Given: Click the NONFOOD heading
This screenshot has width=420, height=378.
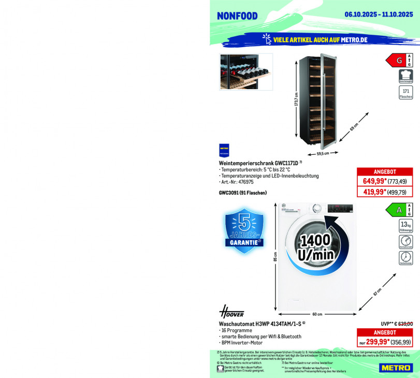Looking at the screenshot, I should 237,16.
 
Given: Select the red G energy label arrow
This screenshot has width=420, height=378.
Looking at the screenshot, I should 396,61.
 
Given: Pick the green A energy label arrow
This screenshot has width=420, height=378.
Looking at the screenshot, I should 396,210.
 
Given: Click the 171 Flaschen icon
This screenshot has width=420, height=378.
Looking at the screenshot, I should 406,93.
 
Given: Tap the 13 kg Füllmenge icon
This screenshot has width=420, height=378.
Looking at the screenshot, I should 405,226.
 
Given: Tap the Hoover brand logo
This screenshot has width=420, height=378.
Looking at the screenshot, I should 231,312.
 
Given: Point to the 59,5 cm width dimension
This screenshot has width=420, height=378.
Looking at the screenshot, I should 323,153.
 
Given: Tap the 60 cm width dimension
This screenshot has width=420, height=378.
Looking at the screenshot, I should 317,314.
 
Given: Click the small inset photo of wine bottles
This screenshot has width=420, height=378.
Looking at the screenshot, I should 246,71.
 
